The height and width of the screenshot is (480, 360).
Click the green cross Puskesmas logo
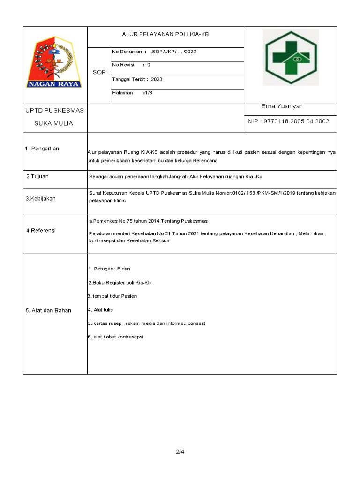click(x=291, y=58)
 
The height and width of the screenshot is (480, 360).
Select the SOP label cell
click(x=99, y=72)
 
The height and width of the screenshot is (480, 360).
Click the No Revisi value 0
click(x=149, y=65)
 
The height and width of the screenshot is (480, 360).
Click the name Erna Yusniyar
click(x=282, y=106)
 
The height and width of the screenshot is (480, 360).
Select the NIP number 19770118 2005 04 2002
click(x=288, y=121)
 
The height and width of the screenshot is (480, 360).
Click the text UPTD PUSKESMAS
click(x=54, y=110)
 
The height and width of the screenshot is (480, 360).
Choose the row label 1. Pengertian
click(x=42, y=149)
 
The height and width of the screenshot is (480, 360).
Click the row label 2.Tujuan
click(x=37, y=176)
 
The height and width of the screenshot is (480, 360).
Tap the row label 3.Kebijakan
click(x=41, y=198)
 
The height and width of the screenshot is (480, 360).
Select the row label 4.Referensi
click(x=41, y=230)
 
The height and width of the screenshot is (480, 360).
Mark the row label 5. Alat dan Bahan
click(x=49, y=310)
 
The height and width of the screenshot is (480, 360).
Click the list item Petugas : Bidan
click(x=109, y=269)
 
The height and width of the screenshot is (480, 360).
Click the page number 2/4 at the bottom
click(x=180, y=452)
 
